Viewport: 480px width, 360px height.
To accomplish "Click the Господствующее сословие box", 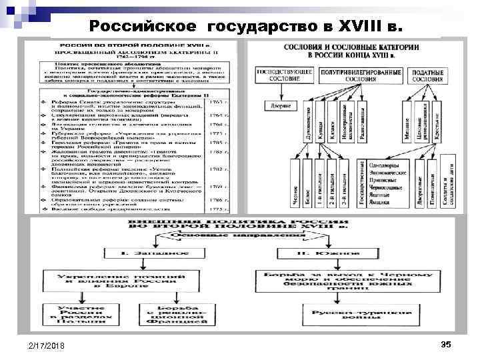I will point(276,75).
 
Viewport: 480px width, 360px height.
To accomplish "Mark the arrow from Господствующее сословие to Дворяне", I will point(276,91).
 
